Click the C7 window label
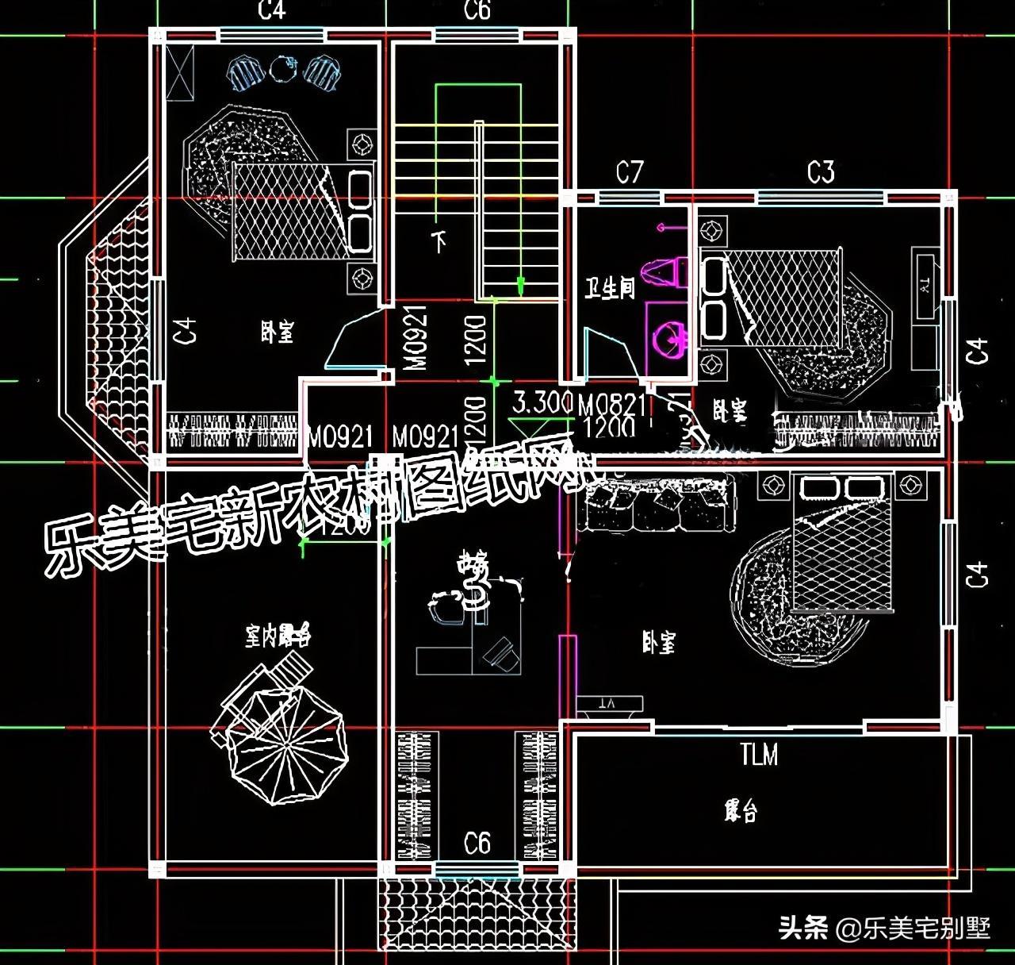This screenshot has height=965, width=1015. point(630,172)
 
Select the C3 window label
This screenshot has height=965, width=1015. point(821,172)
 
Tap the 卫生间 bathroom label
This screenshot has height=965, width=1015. point(610,287)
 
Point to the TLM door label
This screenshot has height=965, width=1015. point(759,755)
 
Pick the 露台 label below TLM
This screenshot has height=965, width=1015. point(741,812)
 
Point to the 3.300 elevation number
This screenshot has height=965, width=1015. point(542,402)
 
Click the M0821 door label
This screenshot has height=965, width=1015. point(611,406)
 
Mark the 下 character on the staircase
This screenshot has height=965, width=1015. point(439,240)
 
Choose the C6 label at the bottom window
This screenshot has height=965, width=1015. point(477,843)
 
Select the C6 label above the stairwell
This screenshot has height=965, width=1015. point(477,11)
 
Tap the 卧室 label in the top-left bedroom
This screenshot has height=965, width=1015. point(277,332)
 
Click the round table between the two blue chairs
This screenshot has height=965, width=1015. point(282,70)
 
